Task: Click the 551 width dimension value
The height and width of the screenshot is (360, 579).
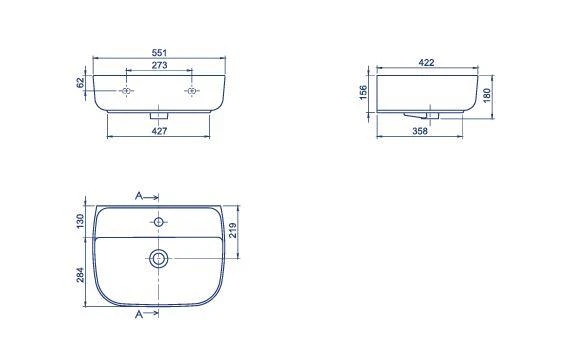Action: pos(159,53)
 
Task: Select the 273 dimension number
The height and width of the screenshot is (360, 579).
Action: pos(159,65)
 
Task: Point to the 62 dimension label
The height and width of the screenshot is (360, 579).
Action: pos(80,83)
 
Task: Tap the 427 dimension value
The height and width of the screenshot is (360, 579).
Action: pos(159,131)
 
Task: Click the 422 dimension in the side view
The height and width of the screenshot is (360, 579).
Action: pos(426,63)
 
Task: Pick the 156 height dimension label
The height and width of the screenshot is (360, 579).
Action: pos(363,92)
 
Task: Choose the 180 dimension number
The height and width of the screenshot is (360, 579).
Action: pos(486,95)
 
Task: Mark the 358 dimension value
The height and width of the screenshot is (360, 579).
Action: pos(420,131)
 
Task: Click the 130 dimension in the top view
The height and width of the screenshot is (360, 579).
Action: pos(80,222)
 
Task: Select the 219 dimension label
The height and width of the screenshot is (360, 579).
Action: pos(233,231)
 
